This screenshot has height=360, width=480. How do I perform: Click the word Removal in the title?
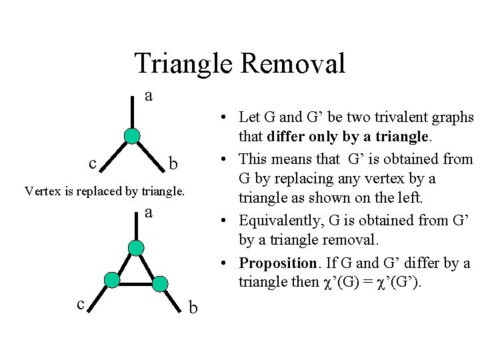click(x=293, y=63)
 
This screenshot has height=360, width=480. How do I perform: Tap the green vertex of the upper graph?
click(x=133, y=137)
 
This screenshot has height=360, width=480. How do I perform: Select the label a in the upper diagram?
click(x=149, y=96)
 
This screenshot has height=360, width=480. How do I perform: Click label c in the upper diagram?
click(x=93, y=162)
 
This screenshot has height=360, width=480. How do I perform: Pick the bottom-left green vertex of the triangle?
click(x=112, y=279)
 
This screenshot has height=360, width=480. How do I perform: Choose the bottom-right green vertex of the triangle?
click(x=160, y=284)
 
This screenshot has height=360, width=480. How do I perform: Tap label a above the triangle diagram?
click(x=149, y=213)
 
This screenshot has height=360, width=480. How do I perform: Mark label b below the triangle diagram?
click(x=193, y=307)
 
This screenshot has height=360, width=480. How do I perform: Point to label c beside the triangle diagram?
click(x=80, y=304)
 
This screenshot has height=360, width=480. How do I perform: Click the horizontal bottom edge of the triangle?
click(x=136, y=282)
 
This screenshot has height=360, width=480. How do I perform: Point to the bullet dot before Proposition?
click(x=227, y=263)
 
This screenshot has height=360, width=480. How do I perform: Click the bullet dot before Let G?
click(x=227, y=118)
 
